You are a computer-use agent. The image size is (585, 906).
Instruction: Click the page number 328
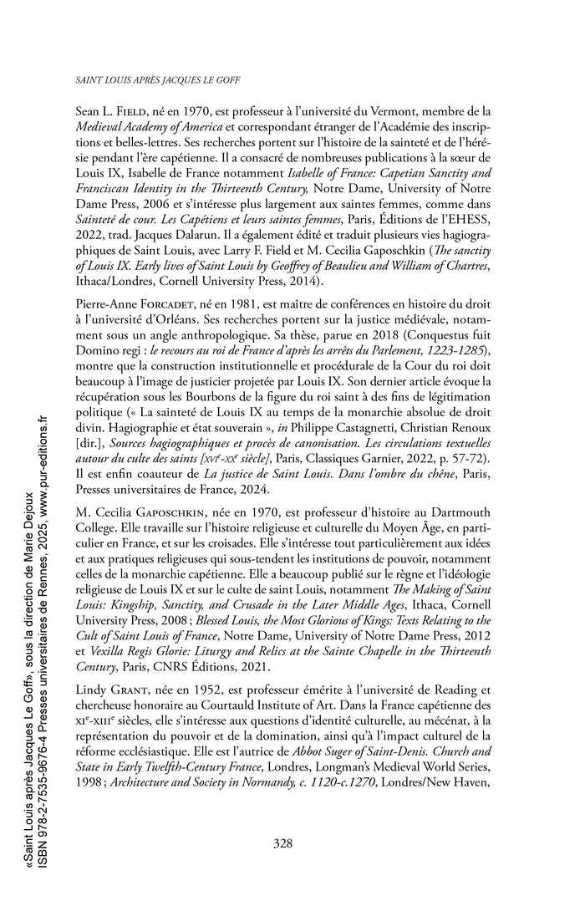coord(282,843)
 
